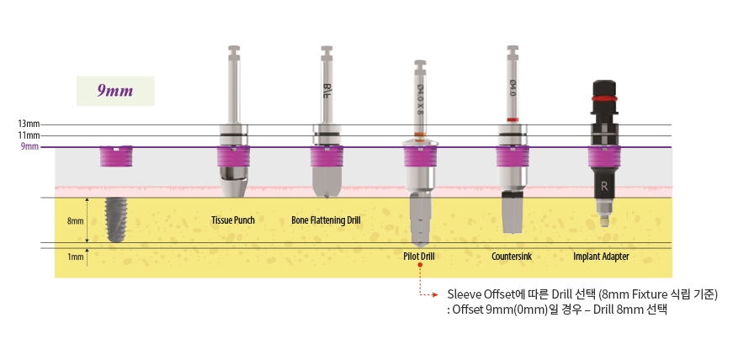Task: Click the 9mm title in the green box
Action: pos(115,91)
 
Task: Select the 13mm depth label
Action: pos(29,124)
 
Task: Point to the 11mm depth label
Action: pos(29,135)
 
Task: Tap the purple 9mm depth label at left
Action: pos(30,147)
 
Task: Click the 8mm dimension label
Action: pos(75,221)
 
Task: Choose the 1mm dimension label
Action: pos(75,257)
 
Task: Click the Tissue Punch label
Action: pos(233,220)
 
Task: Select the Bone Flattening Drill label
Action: pos(326,220)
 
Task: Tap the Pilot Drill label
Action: pos(418,256)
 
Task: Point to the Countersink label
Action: pos(512,256)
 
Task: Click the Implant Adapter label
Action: pos(601,256)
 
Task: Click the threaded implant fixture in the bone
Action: pos(114,219)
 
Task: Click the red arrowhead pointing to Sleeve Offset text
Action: pos(436,295)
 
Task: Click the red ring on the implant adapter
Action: pos(603,98)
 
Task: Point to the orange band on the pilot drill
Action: pos(419,135)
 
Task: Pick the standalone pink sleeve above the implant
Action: pos(115,156)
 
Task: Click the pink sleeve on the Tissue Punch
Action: pos(232,156)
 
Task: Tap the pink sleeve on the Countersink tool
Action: pos(512,156)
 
